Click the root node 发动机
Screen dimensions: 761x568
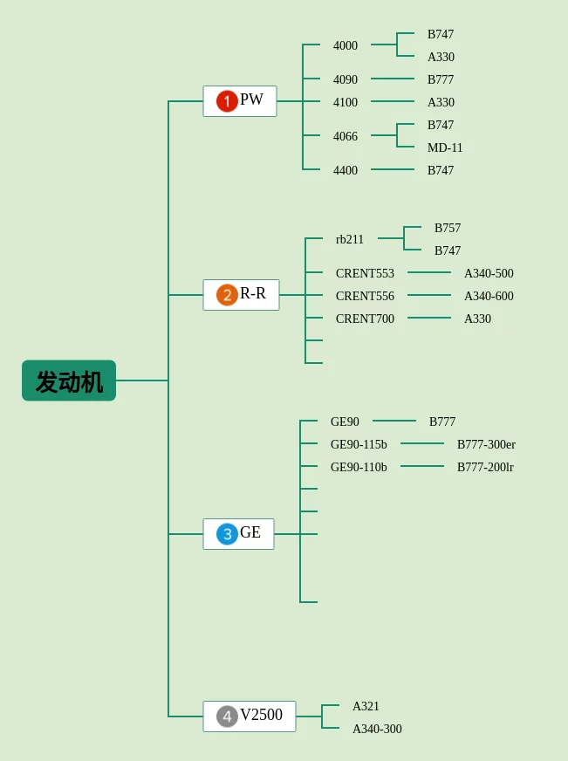pos(69,380)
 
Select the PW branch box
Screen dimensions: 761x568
pos(240,101)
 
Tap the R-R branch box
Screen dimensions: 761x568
pos(241,295)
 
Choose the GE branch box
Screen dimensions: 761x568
pos(238,534)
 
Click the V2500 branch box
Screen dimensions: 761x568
pos(250,716)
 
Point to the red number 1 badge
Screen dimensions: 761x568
pos(227,101)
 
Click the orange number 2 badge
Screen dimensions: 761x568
pos(227,295)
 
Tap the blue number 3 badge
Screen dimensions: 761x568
pos(227,534)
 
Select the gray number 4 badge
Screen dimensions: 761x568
pos(227,716)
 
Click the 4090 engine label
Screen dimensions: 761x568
pos(346,80)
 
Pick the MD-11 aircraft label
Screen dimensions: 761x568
pos(445,148)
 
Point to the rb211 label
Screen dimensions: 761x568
pos(350,240)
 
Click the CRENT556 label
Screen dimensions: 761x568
pos(365,297)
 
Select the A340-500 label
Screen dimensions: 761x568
pos(489,274)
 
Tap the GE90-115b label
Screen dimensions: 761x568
pos(359,445)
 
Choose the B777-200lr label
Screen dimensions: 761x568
pos(485,468)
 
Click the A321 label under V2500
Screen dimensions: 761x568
pos(366,707)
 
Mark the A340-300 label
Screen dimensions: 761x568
pos(377,730)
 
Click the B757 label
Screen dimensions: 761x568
pos(448,229)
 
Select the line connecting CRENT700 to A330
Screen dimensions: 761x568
pos(429,318)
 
